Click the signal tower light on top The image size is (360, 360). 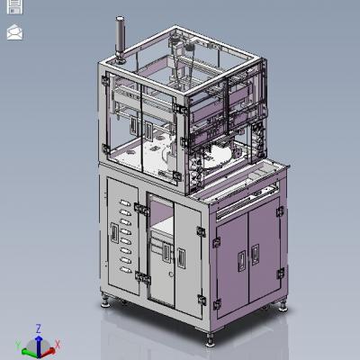pos(121,40)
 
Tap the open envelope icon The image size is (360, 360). pos(14,32)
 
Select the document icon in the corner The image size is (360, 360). pos(14,6)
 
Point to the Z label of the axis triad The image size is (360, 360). pos(38,328)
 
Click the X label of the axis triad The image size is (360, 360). pos(58,344)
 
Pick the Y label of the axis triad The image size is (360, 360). pos(18,345)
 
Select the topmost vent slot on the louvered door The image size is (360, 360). pos(125,203)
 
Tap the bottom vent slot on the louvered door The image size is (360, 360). pos(125,270)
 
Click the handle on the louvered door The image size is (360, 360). pos(114,232)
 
